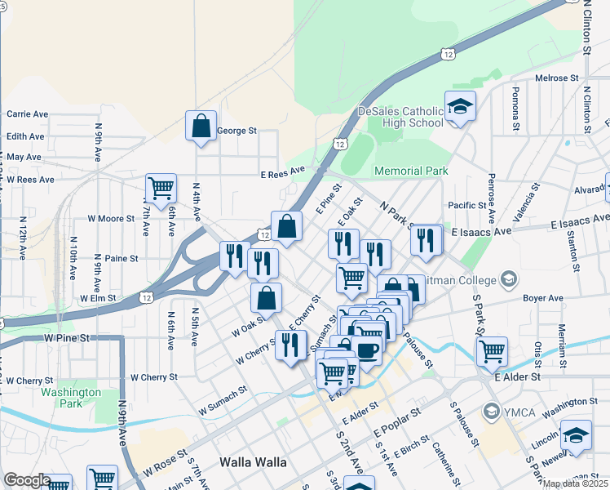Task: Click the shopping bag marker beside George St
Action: [x=201, y=127]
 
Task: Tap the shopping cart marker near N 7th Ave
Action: [x=161, y=189]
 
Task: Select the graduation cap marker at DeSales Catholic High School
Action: [x=460, y=106]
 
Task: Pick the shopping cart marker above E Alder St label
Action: [x=492, y=352]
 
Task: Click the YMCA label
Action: [x=519, y=412]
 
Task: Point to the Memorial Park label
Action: [x=411, y=171]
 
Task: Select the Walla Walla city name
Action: [x=253, y=462]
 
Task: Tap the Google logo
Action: [x=27, y=480]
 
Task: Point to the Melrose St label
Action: [x=556, y=78]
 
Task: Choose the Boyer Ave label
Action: [x=543, y=299]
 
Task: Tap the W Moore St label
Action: [x=111, y=219]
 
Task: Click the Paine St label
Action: [x=122, y=258]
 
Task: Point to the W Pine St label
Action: [x=67, y=337]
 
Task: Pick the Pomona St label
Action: [x=515, y=108]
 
